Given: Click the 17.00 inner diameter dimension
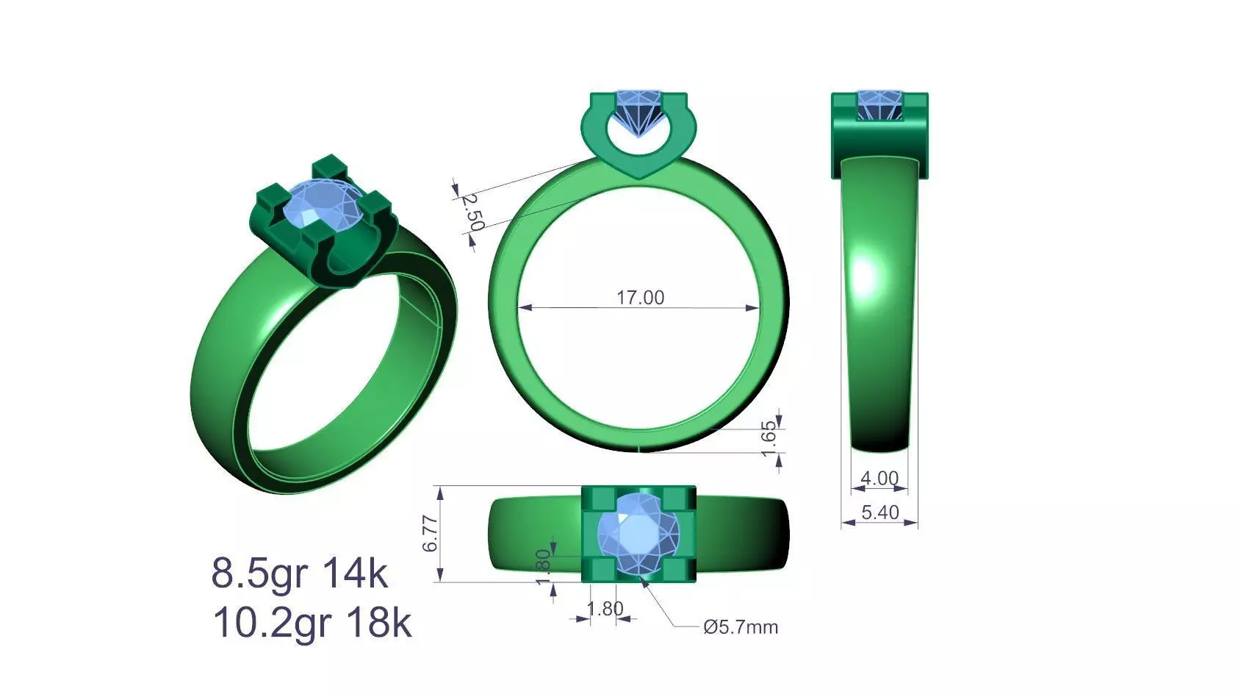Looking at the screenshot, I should (639, 298).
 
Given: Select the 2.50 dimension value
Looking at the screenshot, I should (472, 212).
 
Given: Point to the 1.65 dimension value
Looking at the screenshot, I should (769, 438).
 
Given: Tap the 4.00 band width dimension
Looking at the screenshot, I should (879, 479).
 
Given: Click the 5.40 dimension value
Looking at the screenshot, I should (879, 512).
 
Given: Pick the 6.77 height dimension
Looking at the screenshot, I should (431, 534).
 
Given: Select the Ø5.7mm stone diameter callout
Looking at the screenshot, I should (740, 627).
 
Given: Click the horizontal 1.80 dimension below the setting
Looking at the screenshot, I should (605, 609).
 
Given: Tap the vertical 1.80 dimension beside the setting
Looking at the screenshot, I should (543, 567).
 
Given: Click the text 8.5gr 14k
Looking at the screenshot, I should (299, 573).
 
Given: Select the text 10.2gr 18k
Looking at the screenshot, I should (312, 623).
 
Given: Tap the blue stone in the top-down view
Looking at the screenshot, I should (638, 534).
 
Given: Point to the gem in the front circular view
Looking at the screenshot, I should (638, 110).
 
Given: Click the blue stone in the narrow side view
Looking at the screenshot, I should (879, 105).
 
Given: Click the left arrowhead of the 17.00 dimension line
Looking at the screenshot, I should (524, 307).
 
